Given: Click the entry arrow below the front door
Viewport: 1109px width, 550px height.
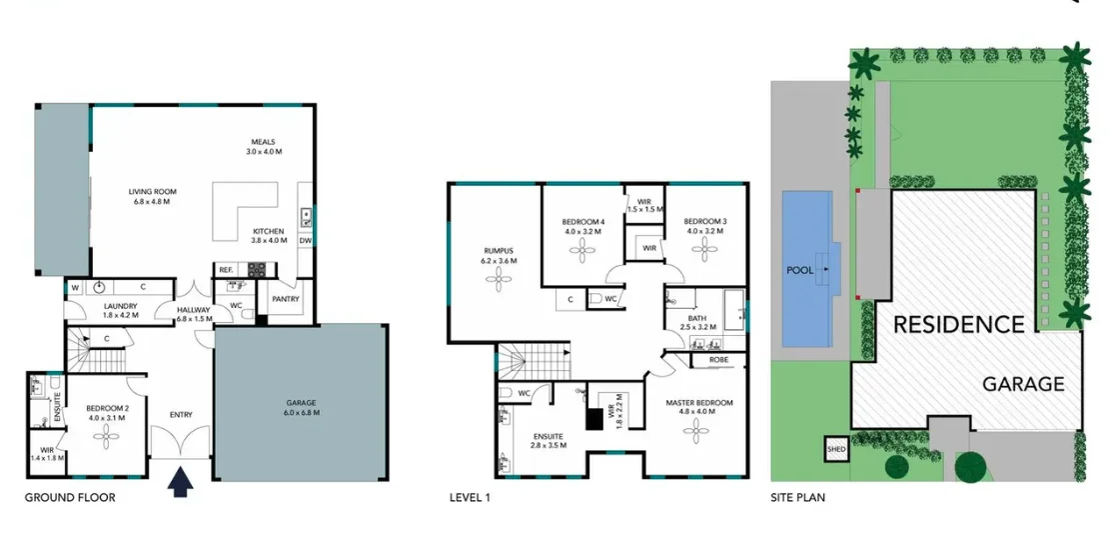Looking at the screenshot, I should coord(180,483).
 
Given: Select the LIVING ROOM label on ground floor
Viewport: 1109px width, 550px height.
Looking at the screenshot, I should coord(152,196).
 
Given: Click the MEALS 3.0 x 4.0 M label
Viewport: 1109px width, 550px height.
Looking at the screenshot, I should coord(265,146).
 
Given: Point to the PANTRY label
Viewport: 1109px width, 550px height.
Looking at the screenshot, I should coord(285,298).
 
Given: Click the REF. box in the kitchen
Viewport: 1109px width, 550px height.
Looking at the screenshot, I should coord(225,269).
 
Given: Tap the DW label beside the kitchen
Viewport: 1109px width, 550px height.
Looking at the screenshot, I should coord(305,241).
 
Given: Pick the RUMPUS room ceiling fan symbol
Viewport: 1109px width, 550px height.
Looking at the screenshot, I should coord(497,283).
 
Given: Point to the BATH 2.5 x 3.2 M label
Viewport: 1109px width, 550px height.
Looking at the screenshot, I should coord(698,321).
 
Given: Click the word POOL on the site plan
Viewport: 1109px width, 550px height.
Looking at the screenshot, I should coord(801,271).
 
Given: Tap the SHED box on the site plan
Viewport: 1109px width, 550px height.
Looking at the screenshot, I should coord(835,450).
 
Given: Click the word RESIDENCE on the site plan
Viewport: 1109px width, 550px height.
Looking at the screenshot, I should coord(958,325).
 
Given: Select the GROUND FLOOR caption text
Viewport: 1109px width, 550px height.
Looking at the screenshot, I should coord(70,497).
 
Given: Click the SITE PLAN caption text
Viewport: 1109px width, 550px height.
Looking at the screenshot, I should coord(797,497).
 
